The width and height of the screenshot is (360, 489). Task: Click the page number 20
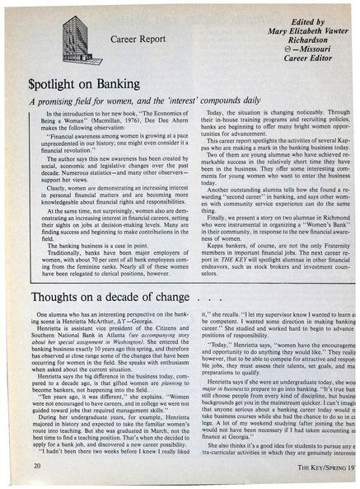[39, 467]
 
